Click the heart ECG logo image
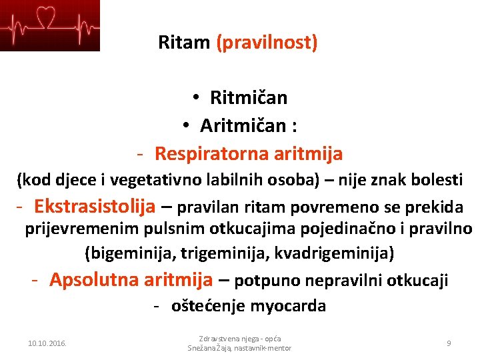[x=50, y=25]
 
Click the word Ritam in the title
[x=184, y=43]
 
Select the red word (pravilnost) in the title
[x=267, y=43]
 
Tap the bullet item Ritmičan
[x=248, y=98]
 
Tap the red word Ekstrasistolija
[x=95, y=206]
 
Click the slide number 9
[x=449, y=343]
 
